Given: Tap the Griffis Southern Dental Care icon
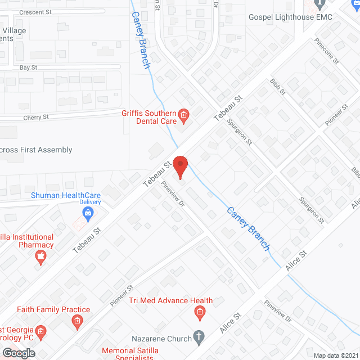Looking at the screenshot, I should pos(183,116).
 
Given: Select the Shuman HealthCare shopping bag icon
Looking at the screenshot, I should pos(87,212).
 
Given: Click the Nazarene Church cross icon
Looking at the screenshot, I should pos(198,337).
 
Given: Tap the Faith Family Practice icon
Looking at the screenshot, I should pos(76,321).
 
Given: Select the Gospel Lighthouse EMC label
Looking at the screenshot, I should pos(291,17).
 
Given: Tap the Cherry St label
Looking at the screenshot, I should pos(36,117).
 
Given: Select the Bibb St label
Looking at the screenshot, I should pos(278,87).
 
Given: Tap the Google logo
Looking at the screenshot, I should pos(19,353).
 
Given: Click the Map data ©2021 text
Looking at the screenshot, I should pos(336,355).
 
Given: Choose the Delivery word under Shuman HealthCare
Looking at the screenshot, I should pos(89,202).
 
